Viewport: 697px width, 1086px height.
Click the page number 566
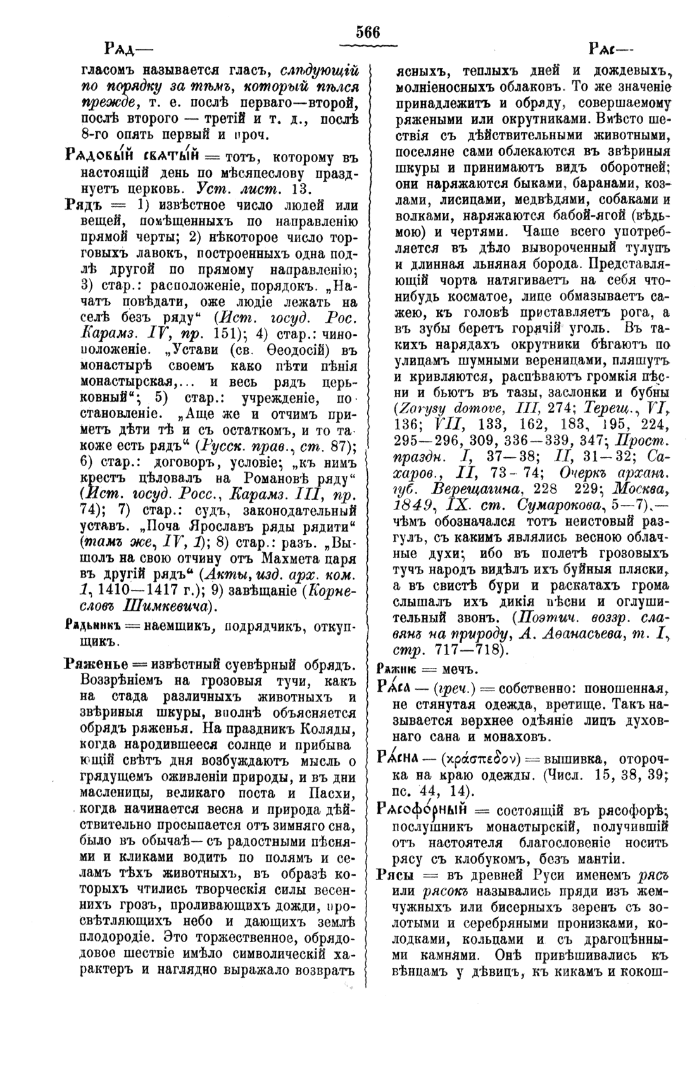tap(367, 32)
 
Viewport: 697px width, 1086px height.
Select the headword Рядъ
tap(85, 204)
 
